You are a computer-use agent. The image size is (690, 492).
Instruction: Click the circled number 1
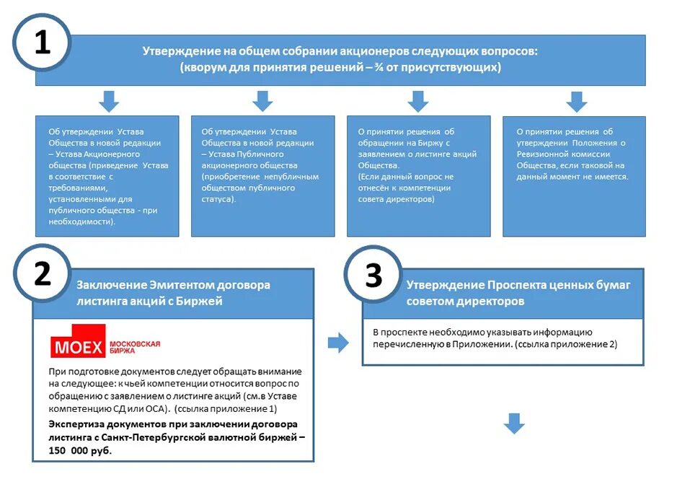(43, 43)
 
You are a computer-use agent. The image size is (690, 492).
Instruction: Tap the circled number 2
(43, 275)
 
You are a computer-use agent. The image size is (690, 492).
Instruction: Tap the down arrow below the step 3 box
(514, 423)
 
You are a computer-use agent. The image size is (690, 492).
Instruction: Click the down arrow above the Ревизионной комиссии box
(576, 102)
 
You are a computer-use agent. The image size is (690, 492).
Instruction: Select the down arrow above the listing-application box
(418, 102)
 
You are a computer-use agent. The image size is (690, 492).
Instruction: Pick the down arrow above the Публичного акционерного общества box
(262, 102)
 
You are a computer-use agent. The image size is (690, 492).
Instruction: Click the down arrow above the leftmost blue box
(109, 102)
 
